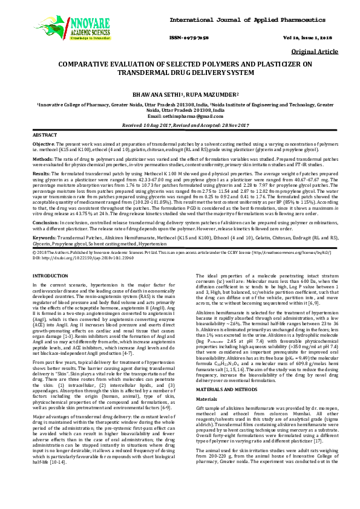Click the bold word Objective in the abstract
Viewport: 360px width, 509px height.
tap(44, 144)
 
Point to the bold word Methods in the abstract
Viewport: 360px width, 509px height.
tap(42, 159)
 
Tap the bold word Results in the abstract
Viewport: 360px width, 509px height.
tap(41, 173)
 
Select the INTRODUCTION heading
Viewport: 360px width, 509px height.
tap(50, 276)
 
